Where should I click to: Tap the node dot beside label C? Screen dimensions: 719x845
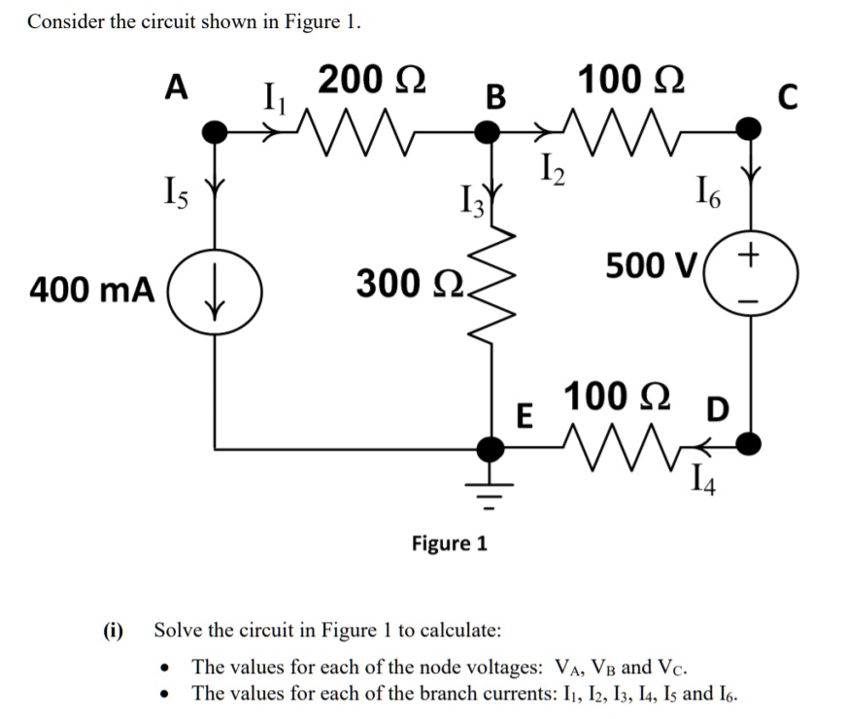(x=749, y=129)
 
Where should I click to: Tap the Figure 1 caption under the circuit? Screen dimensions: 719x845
(x=450, y=542)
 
